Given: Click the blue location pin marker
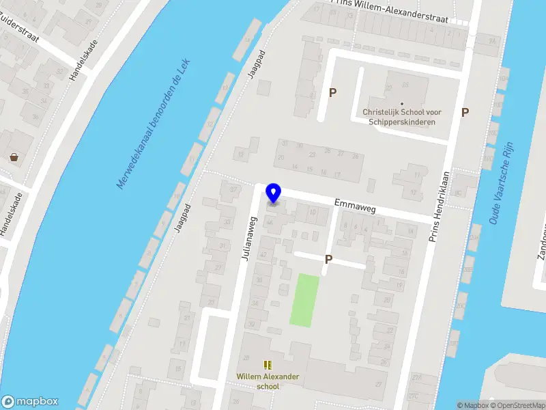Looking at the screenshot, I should pyautogui.click(x=273, y=193).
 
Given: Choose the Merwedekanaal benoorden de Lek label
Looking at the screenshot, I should pyautogui.click(x=155, y=123).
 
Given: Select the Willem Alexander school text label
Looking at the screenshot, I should pyautogui.click(x=268, y=381).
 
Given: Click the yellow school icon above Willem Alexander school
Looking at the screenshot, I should pyautogui.click(x=268, y=365).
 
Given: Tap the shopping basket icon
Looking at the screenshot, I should pyautogui.click(x=14, y=156).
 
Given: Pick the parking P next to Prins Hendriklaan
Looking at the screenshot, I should pyautogui.click(x=465, y=113).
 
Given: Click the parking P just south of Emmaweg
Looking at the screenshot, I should pyautogui.click(x=328, y=260).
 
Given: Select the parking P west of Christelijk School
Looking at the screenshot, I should pyautogui.click(x=333, y=93).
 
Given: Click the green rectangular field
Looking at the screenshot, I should pyautogui.click(x=304, y=300).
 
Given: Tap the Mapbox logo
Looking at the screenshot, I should pyautogui.click(x=30, y=402).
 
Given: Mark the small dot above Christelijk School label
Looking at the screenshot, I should pyautogui.click(x=401, y=104).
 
